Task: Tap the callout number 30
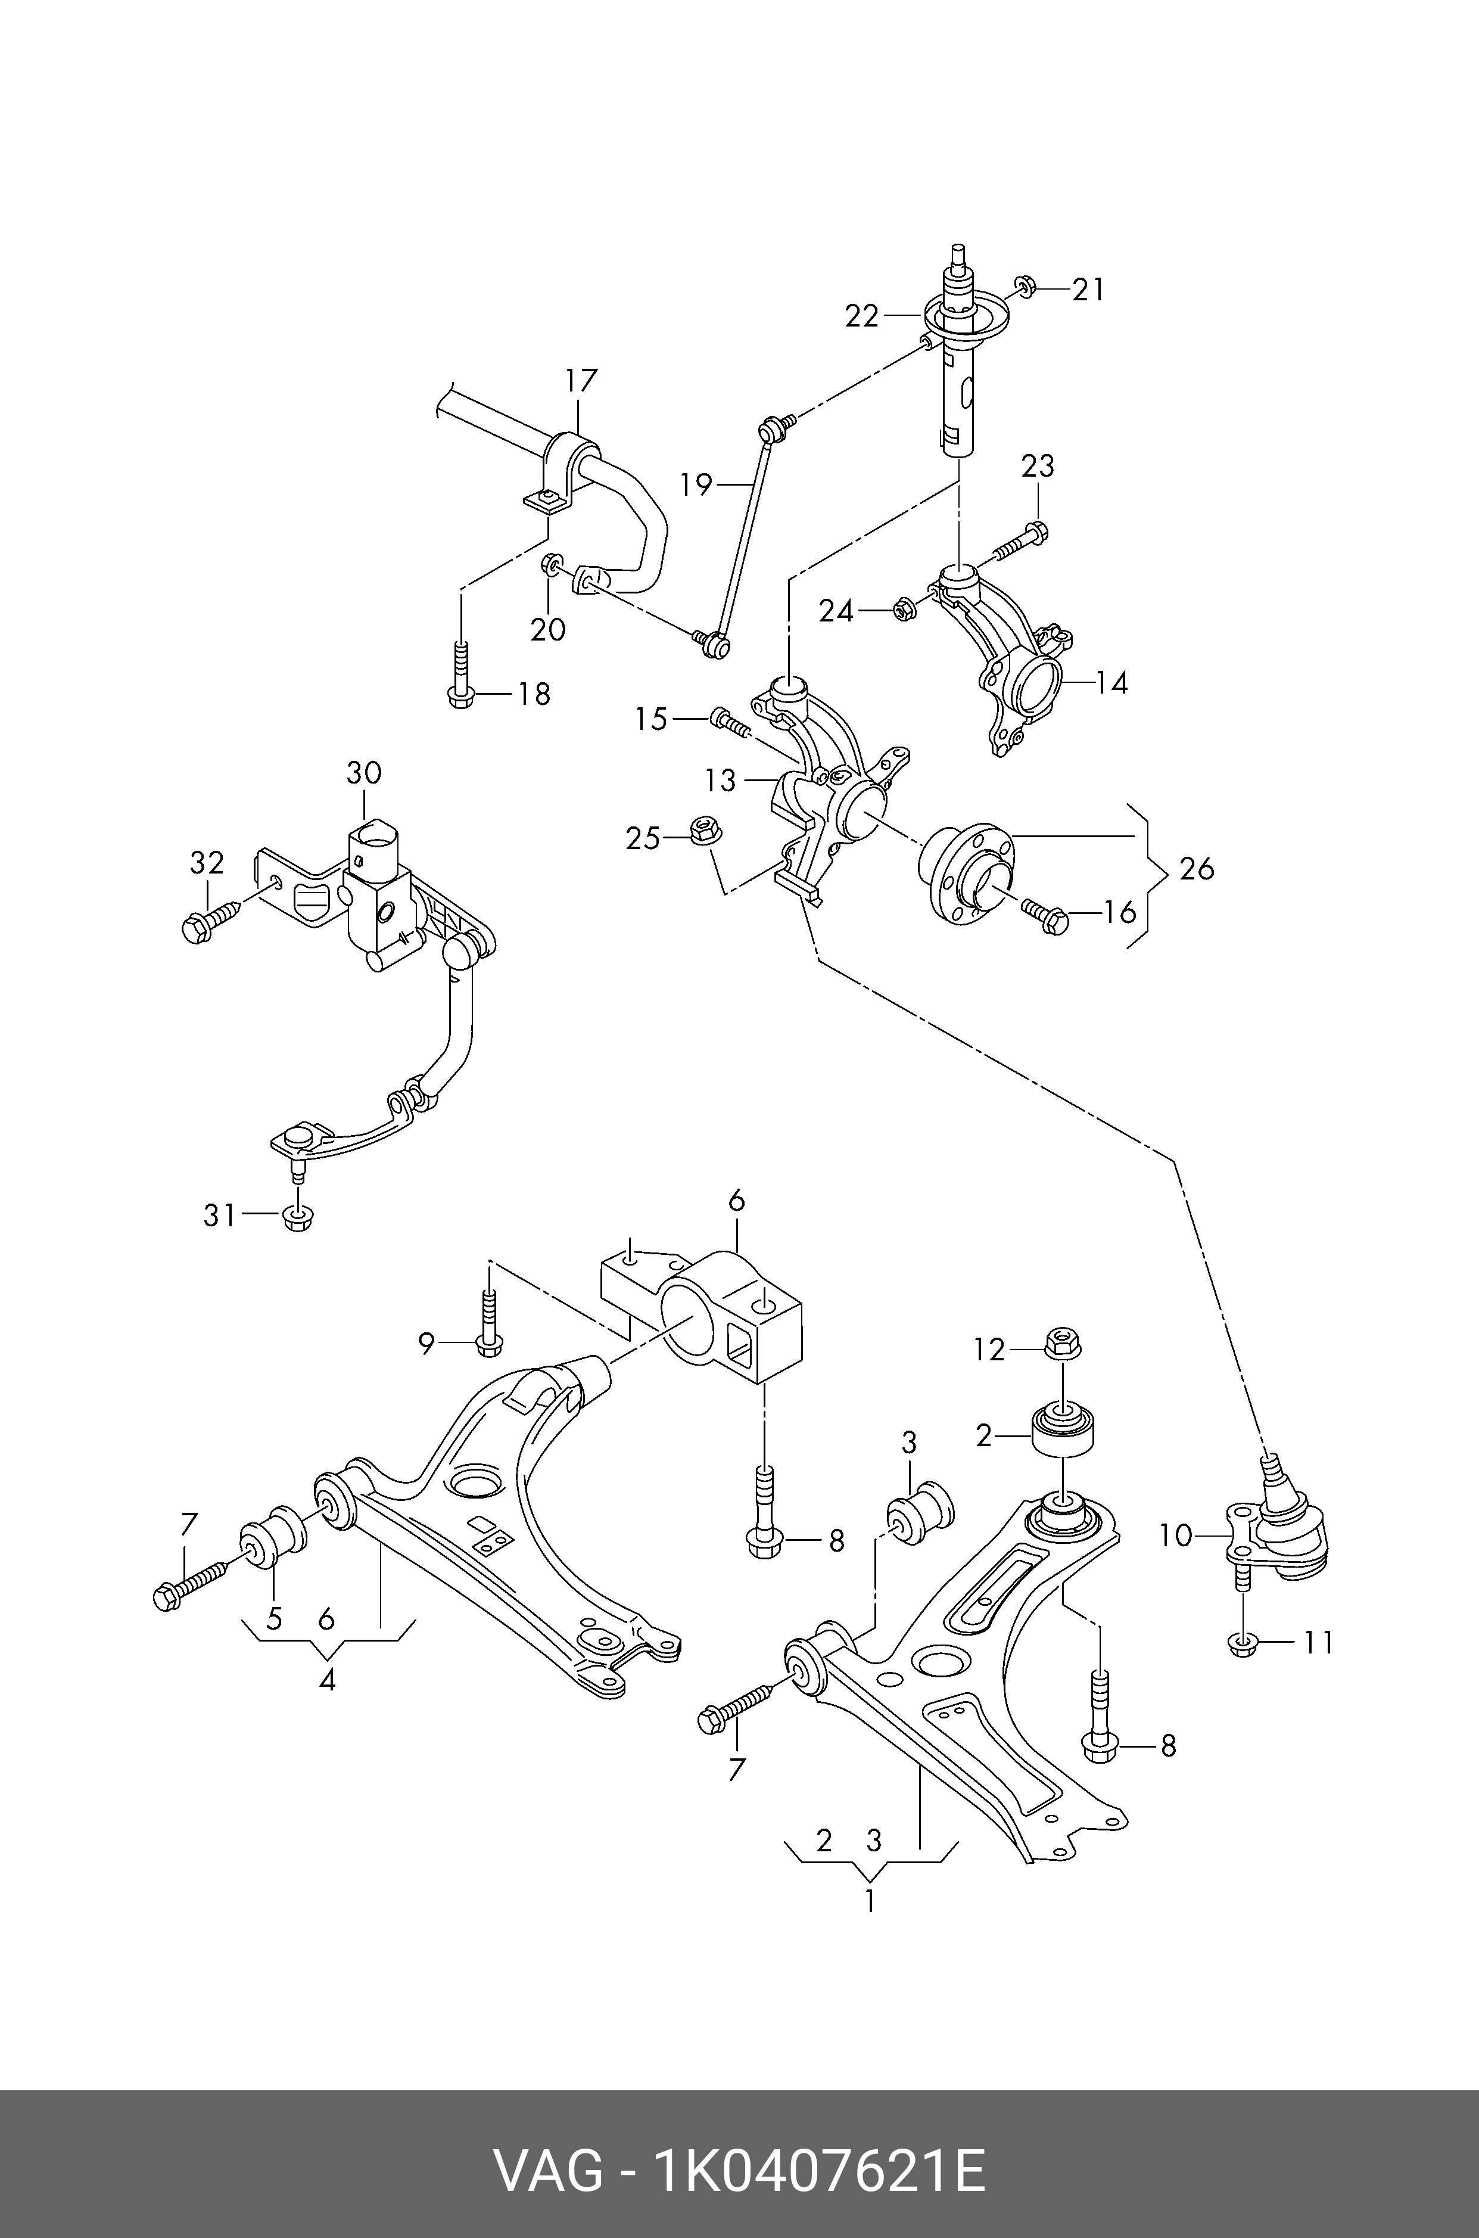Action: (x=364, y=773)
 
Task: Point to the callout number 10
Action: (x=1176, y=1536)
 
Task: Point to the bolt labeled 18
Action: (x=460, y=674)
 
